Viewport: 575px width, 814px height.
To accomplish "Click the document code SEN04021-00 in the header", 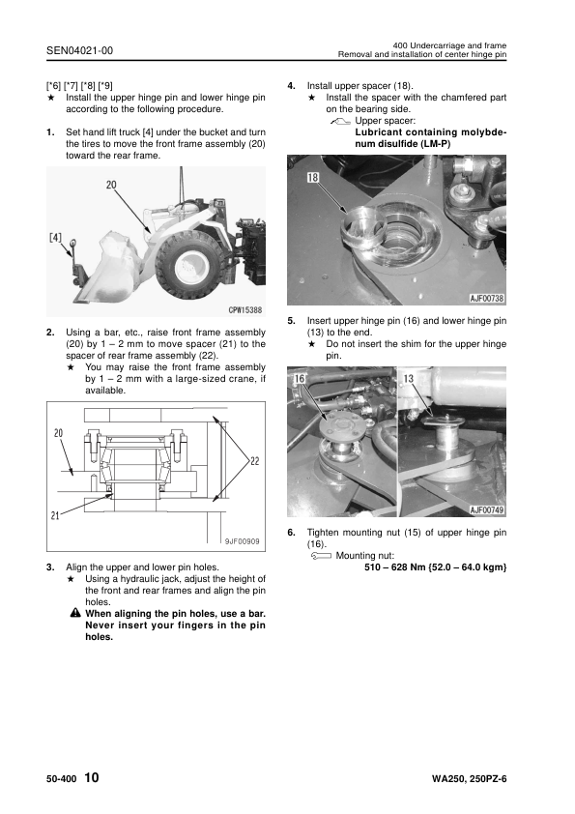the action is [79, 50].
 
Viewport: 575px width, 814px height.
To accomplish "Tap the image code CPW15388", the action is [245, 310].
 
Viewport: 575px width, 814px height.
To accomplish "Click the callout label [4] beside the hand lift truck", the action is [55, 238].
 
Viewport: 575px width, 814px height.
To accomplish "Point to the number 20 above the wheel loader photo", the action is [111, 185].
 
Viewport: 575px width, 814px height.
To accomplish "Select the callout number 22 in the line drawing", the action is [255, 461].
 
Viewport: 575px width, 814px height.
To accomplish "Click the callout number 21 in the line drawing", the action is [55, 515].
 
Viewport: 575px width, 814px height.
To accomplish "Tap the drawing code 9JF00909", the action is [242, 541].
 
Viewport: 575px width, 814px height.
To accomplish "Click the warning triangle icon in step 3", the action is [75, 613].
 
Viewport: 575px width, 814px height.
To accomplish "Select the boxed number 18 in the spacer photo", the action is [313, 178].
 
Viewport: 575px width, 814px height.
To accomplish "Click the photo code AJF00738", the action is [487, 298].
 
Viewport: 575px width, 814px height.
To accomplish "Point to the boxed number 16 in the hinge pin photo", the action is [300, 378].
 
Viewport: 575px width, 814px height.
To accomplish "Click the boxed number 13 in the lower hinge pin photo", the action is [409, 378].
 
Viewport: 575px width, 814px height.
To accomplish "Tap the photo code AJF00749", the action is [487, 509].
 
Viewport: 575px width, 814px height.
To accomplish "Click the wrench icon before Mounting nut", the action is [321, 556].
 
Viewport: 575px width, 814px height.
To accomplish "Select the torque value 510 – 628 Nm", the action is [395, 567].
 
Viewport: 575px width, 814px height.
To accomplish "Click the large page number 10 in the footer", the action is [91, 777].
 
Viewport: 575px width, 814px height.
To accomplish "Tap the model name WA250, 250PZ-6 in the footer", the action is [469, 778].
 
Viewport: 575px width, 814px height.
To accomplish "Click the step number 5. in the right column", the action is [292, 321].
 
